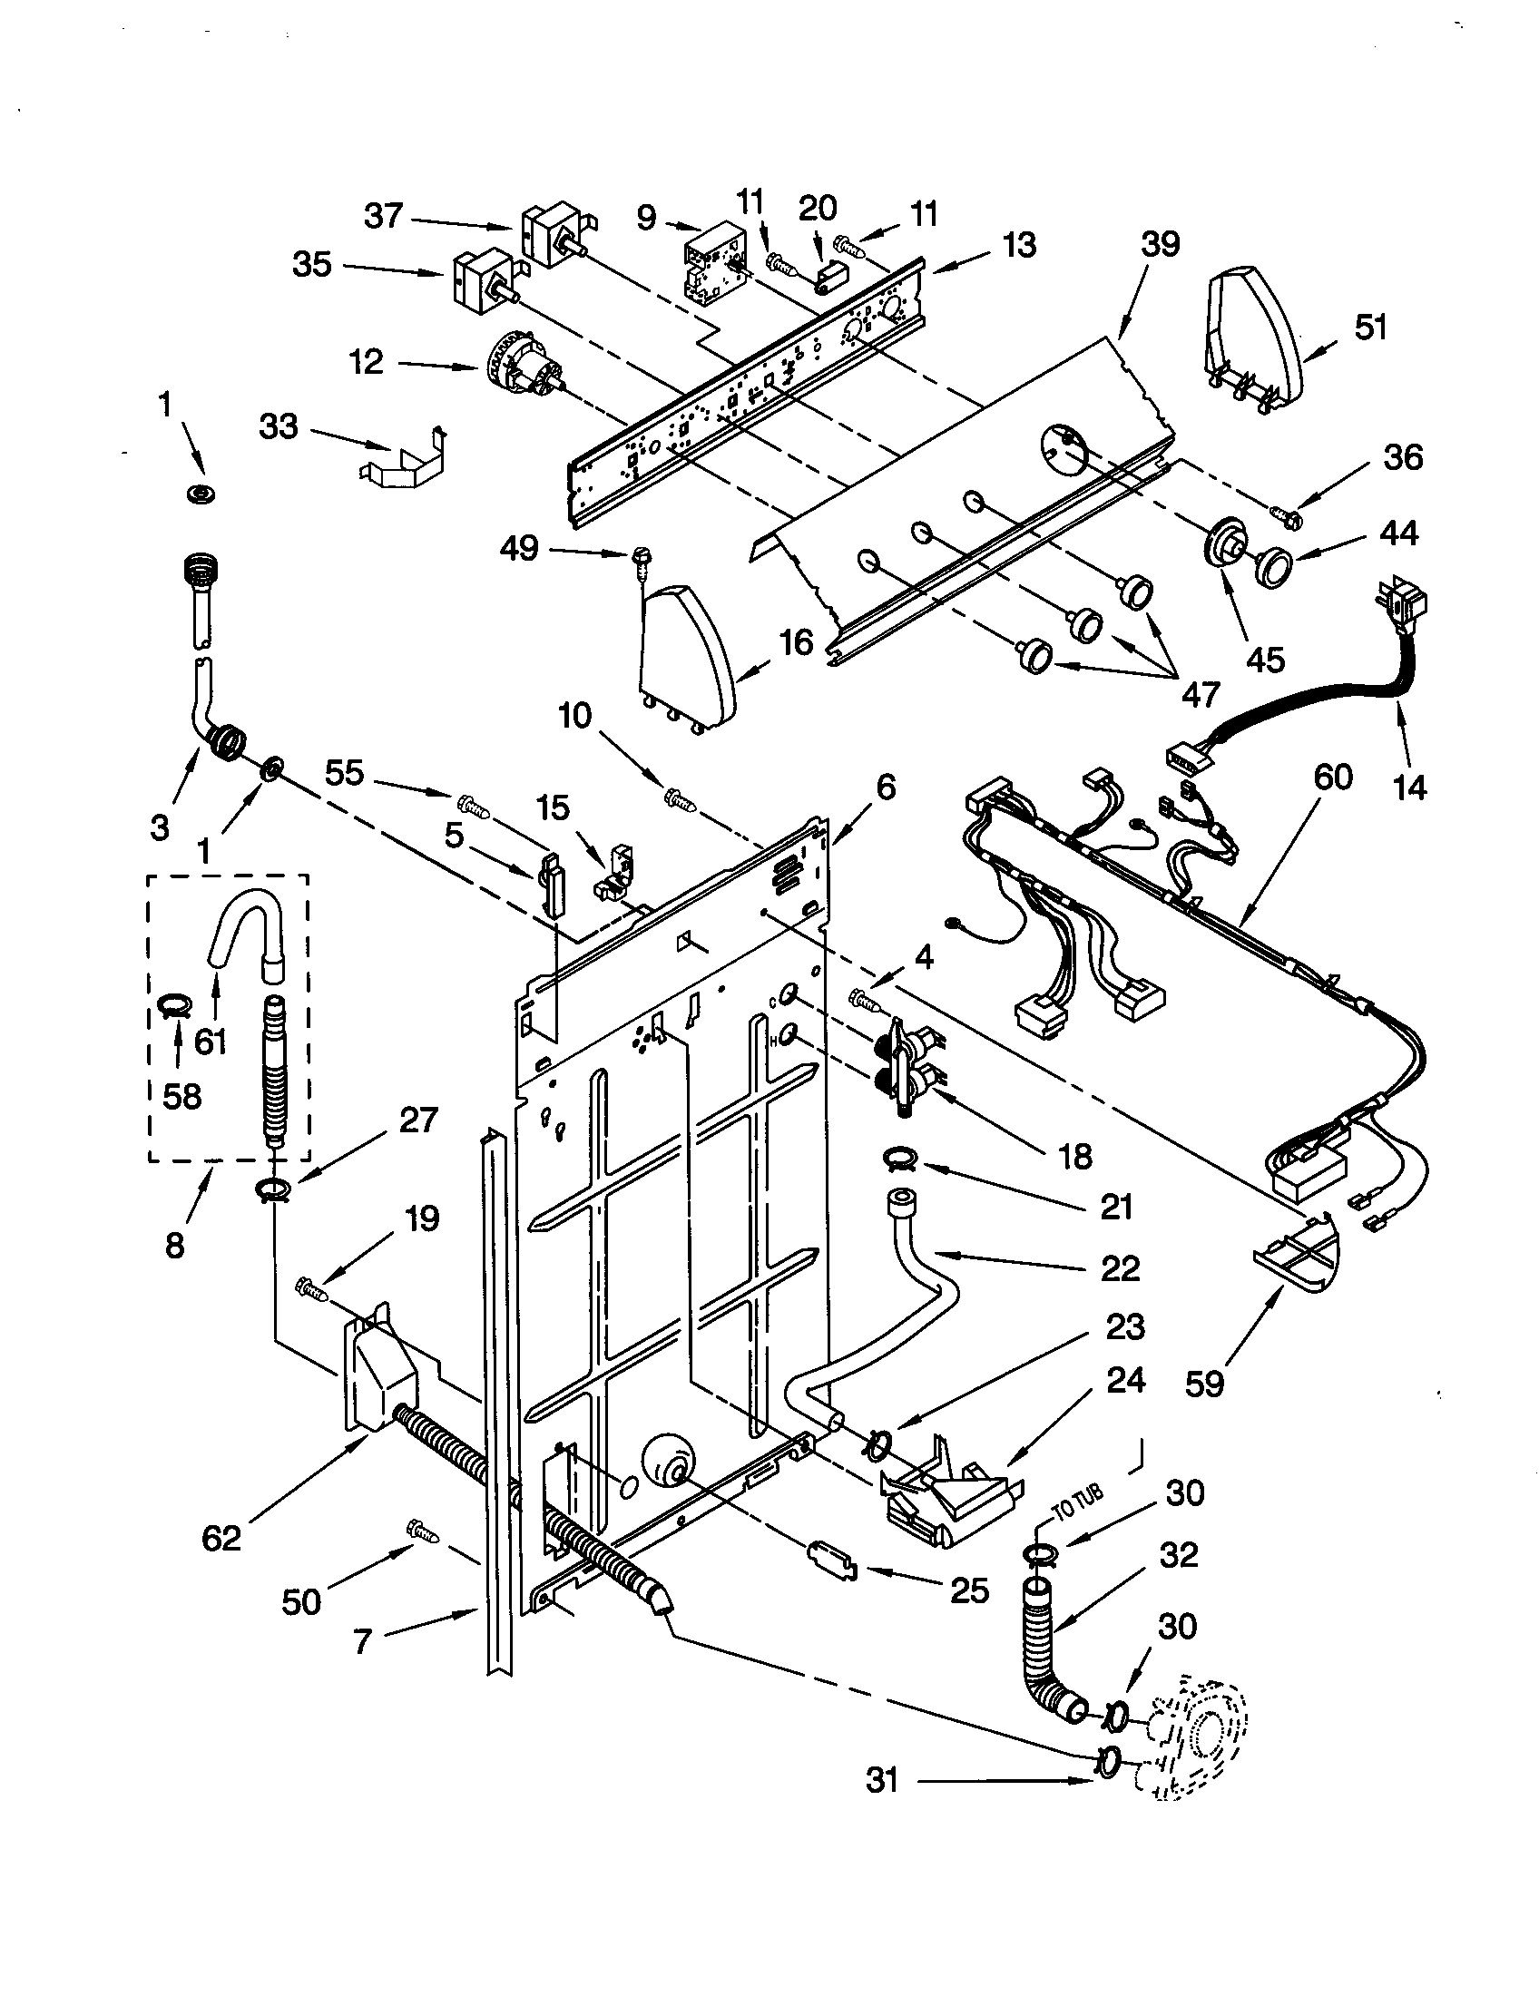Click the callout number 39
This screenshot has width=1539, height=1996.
coord(1160,245)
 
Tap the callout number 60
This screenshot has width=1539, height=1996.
coord(1332,777)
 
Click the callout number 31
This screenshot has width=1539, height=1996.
coord(882,1780)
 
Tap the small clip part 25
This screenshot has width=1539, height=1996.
coord(831,1562)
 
